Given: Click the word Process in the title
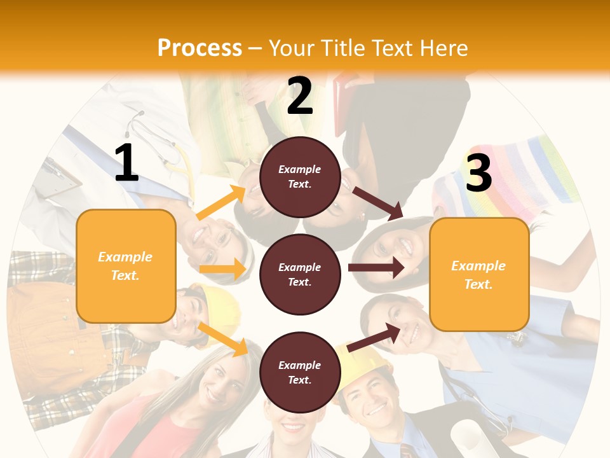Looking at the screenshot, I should coord(200,48).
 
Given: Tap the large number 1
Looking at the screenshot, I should coord(126,163).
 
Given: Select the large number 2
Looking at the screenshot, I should coord(300,96).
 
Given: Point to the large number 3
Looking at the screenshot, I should coord(478,173).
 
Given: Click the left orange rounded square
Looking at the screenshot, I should coord(126,266).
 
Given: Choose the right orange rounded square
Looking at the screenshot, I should coord(479,274).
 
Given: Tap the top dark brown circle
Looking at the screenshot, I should coord(300,177).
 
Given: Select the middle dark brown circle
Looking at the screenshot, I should coord(300,274).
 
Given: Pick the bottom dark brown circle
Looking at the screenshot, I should coord(300,372).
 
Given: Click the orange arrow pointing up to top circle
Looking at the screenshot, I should coord(221,203).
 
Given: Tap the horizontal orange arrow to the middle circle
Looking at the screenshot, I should coord(222,269).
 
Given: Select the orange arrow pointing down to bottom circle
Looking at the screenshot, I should coord(223,339).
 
